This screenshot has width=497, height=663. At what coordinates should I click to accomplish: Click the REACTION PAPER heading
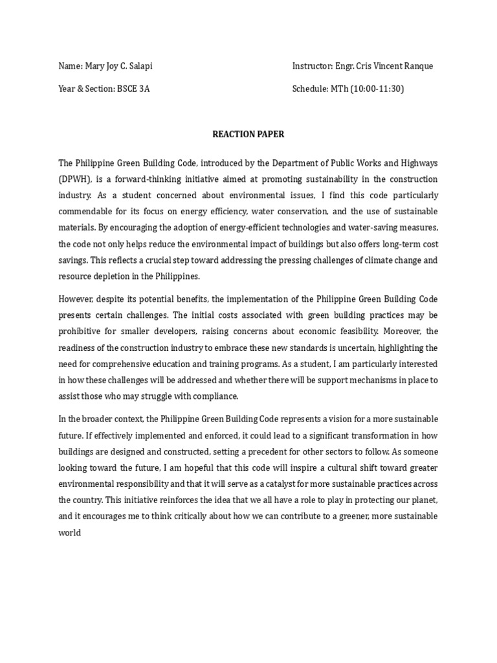[248, 135]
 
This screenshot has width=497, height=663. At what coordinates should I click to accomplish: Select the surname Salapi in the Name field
[140, 66]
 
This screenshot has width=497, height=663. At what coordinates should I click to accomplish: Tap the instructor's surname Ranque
[419, 66]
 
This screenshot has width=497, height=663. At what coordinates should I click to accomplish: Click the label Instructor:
[313, 66]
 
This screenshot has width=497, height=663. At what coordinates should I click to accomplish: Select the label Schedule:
[310, 89]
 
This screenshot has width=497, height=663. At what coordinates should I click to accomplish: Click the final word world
[70, 532]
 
